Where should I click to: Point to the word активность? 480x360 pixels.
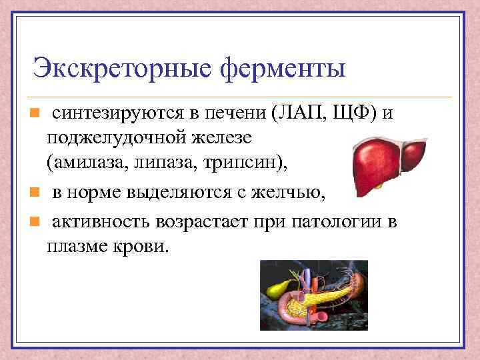coord(104,221)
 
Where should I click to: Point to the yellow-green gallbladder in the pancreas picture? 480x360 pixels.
coord(275,287)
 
